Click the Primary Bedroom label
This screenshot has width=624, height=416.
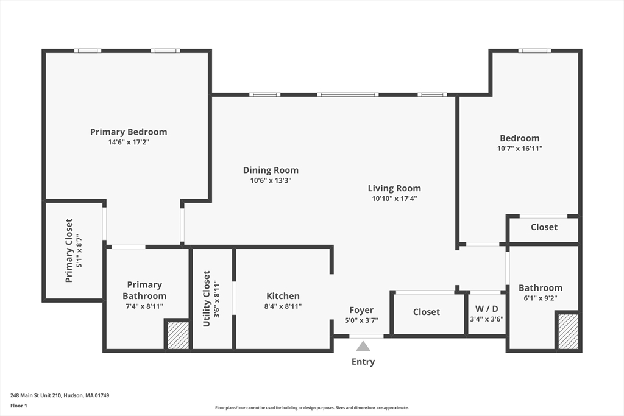point(129,132)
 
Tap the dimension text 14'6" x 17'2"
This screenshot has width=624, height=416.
point(129,142)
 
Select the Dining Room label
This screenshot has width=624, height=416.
point(271,170)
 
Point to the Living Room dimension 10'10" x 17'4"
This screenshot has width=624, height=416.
point(394,199)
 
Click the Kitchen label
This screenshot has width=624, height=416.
point(283,296)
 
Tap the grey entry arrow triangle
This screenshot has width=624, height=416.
point(363,347)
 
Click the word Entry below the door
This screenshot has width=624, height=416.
point(363,362)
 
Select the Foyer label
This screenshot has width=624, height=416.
point(361,310)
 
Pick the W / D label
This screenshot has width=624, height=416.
point(486,308)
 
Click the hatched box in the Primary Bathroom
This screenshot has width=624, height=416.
point(178,336)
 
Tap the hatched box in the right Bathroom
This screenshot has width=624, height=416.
point(568,331)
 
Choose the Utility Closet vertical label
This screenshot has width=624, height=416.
point(207,298)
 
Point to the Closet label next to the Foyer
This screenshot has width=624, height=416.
point(426,312)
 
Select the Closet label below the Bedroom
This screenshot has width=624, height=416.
point(544,227)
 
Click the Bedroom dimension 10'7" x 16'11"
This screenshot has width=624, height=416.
point(520,148)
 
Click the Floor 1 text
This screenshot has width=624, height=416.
point(19,405)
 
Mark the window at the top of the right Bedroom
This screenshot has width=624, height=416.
point(534,51)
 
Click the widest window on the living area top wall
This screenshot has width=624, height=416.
point(347,94)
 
